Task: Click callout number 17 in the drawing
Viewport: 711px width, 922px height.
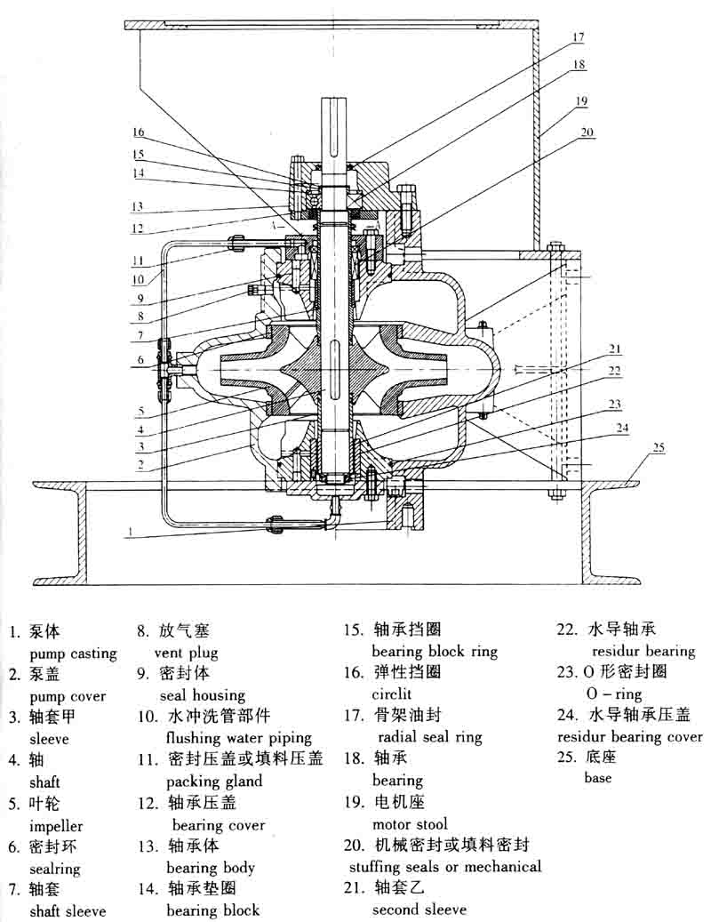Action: click(x=578, y=38)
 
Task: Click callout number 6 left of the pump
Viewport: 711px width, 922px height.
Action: click(x=140, y=360)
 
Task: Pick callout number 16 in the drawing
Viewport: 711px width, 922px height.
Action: click(x=138, y=132)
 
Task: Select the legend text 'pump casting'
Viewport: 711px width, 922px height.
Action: click(x=73, y=653)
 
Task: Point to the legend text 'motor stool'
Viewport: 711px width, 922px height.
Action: click(x=410, y=823)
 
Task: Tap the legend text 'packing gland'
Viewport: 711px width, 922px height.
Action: click(x=214, y=782)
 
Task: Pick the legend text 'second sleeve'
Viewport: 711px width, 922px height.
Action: click(x=419, y=909)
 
